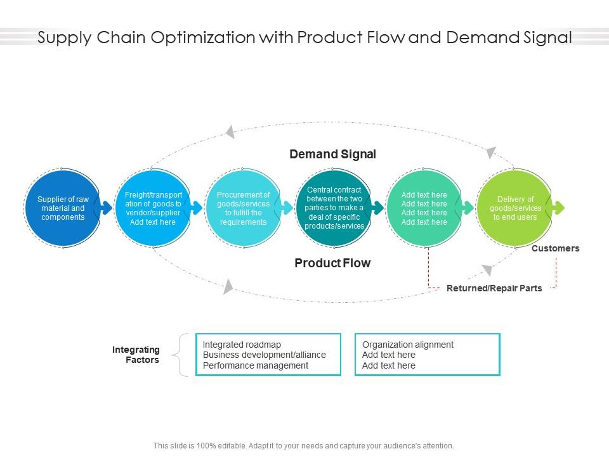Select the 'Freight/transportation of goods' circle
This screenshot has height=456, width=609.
[153, 208]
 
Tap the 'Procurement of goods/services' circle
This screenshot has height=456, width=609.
[243, 208]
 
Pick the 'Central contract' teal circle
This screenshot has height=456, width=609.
[334, 208]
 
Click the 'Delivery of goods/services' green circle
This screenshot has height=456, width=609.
[514, 208]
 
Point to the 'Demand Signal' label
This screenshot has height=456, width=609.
[332, 154]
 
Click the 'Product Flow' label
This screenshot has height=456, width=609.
[332, 263]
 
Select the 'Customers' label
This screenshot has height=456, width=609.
[555, 248]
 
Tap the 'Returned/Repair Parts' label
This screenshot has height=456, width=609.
[494, 288]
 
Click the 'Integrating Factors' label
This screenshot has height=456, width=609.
[136, 355]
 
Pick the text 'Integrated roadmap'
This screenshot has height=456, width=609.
[242, 345]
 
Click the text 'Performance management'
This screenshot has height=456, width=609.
[256, 365]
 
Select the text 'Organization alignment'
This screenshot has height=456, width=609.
[408, 345]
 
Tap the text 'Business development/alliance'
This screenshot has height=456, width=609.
[265, 355]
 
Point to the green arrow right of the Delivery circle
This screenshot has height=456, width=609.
[558, 208]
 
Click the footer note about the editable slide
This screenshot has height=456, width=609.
[304, 446]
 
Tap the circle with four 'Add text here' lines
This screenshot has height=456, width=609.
[424, 208]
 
